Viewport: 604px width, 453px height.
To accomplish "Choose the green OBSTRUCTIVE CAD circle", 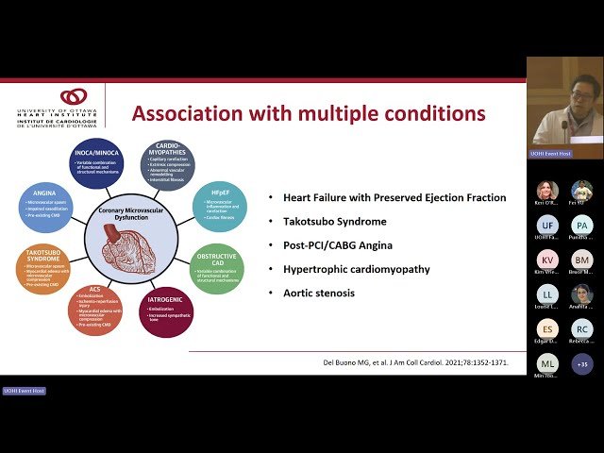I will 216,268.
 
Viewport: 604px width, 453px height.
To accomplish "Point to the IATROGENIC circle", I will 168,313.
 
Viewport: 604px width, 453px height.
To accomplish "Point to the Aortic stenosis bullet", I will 311,293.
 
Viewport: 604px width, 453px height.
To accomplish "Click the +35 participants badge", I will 581,363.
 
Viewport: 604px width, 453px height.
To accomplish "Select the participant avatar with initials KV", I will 546,260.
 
